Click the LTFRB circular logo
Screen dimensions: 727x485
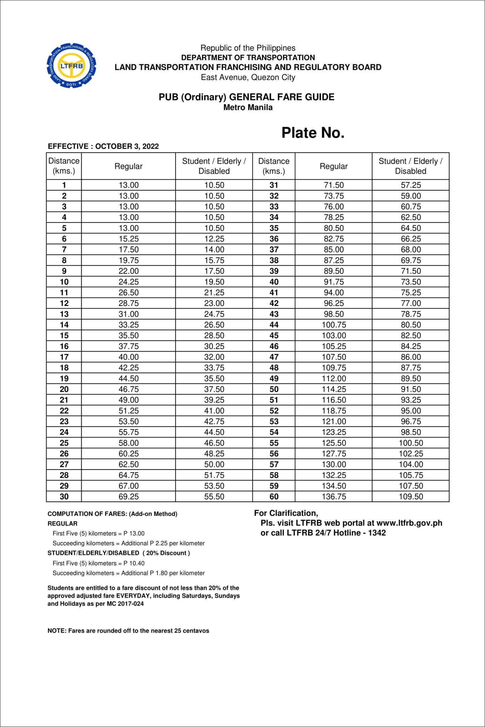(x=71, y=66)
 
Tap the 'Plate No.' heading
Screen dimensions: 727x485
(x=313, y=133)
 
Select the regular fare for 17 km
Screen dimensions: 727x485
(x=128, y=357)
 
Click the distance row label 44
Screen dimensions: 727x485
(x=274, y=325)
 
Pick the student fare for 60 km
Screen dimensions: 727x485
(x=411, y=497)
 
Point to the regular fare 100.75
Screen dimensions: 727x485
(x=334, y=325)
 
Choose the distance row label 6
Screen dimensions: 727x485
(x=64, y=239)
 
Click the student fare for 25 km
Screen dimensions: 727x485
(x=214, y=443)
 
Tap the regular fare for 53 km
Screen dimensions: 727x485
(x=334, y=421)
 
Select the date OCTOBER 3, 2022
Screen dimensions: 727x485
(x=127, y=146)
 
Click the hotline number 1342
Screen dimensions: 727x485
(x=377, y=533)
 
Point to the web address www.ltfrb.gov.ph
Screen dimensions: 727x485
(x=409, y=523)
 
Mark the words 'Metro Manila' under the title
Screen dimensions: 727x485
(x=248, y=108)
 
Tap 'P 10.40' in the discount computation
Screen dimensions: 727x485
(x=134, y=563)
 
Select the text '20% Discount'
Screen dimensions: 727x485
(x=166, y=553)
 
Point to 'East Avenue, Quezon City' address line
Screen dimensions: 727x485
(x=248, y=77)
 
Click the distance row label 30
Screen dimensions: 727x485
(x=64, y=497)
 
